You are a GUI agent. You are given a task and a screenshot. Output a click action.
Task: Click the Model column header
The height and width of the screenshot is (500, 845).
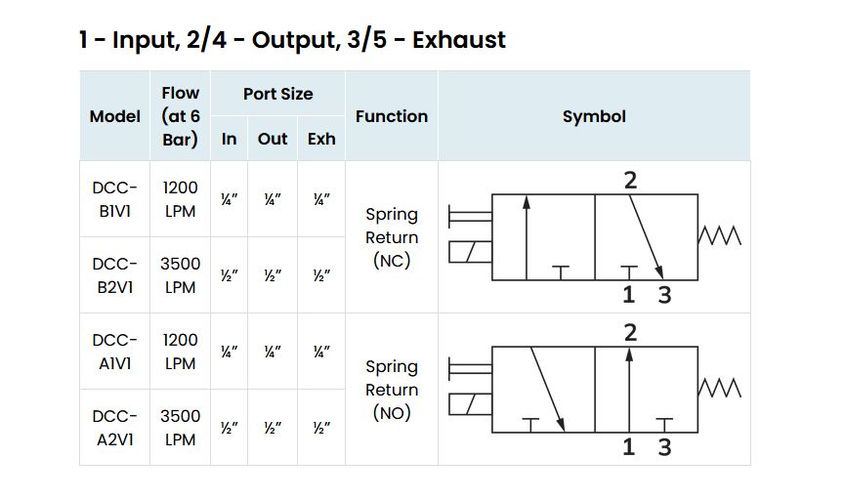pyautogui.click(x=115, y=116)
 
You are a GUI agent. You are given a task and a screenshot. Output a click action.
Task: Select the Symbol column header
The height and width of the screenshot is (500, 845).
pyautogui.click(x=594, y=116)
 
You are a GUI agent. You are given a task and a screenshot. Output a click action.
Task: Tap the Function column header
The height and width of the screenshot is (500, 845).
pyautogui.click(x=392, y=116)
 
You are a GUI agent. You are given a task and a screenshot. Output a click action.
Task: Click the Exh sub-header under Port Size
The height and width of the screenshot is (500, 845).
pyautogui.click(x=321, y=139)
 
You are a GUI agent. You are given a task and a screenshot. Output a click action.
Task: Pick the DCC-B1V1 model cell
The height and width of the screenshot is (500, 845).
pyautogui.click(x=115, y=199)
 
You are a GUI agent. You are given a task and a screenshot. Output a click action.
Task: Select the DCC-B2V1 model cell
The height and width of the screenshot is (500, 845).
pyautogui.click(x=115, y=275)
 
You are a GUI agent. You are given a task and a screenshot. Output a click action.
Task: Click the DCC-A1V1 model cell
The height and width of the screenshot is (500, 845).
pyautogui.click(x=115, y=352)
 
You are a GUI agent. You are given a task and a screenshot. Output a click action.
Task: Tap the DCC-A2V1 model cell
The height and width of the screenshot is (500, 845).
pyautogui.click(x=115, y=428)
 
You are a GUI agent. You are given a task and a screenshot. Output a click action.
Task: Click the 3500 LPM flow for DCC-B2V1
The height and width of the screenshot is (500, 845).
pyautogui.click(x=181, y=275)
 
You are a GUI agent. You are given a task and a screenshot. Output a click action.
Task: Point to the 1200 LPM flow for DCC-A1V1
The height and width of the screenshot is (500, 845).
pyautogui.click(x=181, y=352)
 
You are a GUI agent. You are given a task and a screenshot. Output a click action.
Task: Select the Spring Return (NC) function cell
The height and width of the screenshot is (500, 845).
pyautogui.click(x=392, y=237)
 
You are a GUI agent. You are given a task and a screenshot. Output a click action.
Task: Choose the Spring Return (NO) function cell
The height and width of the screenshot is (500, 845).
pyautogui.click(x=392, y=390)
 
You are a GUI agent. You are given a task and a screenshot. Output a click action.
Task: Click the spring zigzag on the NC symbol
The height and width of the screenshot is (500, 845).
pyautogui.click(x=720, y=235)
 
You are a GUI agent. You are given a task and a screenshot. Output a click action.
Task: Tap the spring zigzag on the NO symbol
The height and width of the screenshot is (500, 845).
pyautogui.click(x=720, y=388)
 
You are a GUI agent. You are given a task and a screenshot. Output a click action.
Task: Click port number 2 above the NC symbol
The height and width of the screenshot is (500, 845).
pyautogui.click(x=630, y=180)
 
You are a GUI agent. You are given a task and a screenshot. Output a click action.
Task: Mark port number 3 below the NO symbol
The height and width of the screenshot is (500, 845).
pyautogui.click(x=665, y=447)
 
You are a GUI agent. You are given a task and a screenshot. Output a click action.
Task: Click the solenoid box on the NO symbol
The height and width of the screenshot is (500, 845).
pyautogui.click(x=470, y=405)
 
